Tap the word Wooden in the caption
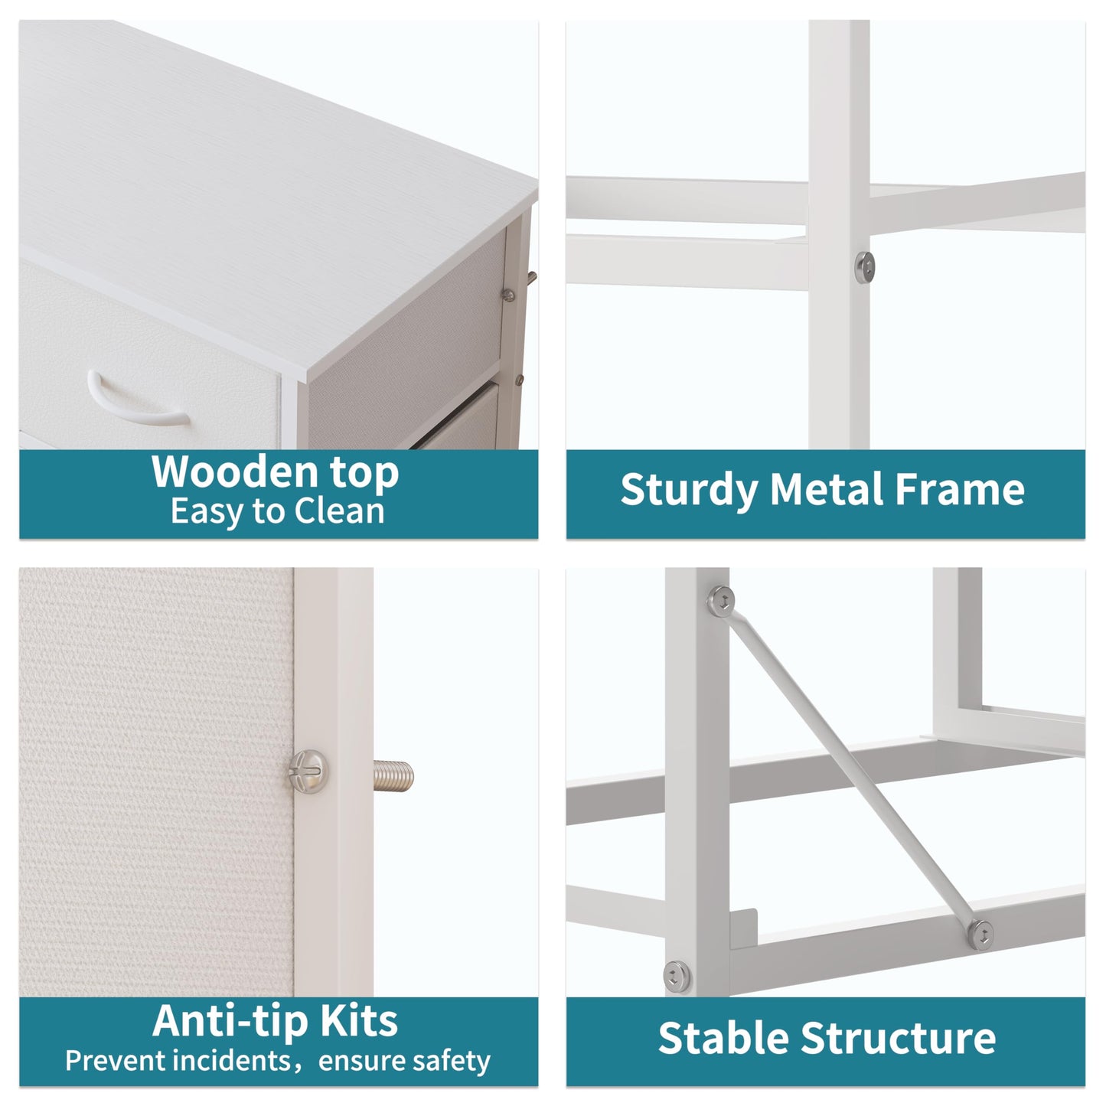click(x=235, y=471)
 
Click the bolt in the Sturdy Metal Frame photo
click(x=864, y=267)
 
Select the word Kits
click(x=359, y=1021)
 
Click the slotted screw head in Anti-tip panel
click(x=308, y=772)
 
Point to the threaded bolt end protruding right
click(x=393, y=776)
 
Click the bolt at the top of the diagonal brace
click(x=722, y=602)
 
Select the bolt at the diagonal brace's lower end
click(x=981, y=935)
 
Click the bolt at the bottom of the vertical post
click(x=677, y=977)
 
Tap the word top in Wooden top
click(x=364, y=474)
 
